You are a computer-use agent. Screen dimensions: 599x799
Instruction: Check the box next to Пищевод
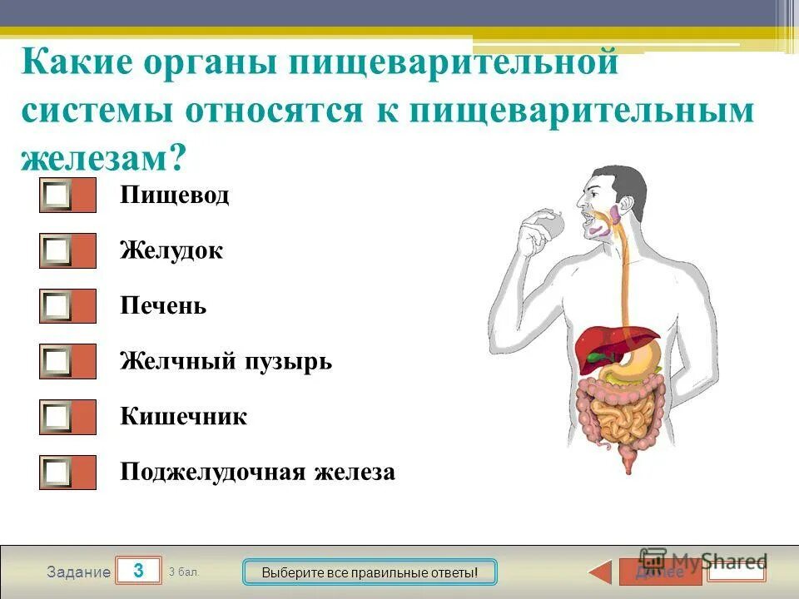point(57,196)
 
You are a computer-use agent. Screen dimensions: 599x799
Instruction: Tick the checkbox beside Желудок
point(57,250)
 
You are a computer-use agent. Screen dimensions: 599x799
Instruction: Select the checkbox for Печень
point(57,306)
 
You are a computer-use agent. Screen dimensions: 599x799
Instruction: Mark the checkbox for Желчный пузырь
point(57,361)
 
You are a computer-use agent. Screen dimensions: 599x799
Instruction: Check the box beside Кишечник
point(57,417)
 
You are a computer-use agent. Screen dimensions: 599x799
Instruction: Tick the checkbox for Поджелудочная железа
point(57,473)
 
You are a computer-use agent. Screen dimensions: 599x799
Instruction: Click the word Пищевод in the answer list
point(174,196)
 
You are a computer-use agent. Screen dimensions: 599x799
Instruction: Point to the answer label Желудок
point(171,250)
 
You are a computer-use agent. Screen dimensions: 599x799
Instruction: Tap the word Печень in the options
point(163,306)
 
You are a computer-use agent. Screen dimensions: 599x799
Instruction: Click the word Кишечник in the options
point(183,417)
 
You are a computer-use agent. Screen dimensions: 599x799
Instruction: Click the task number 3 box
point(138,571)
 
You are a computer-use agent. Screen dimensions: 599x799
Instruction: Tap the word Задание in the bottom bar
point(78,572)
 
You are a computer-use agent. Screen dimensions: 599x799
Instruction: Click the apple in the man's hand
point(550,223)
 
